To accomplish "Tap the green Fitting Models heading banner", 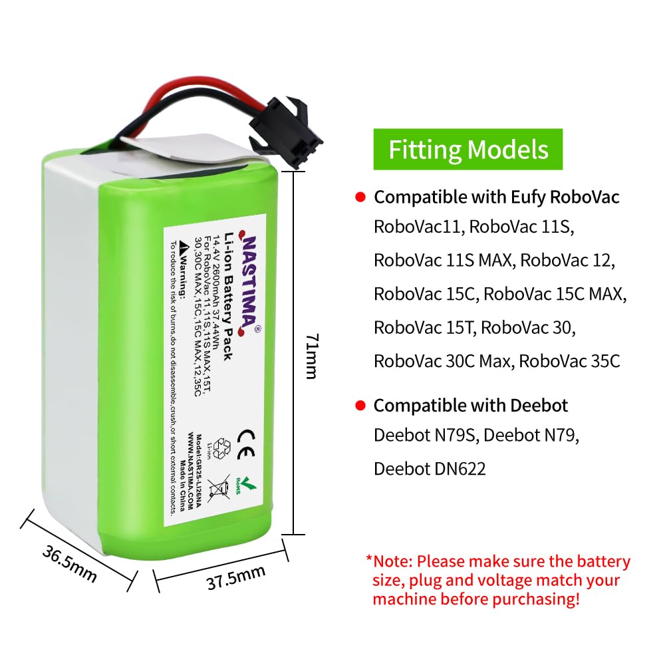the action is [x=468, y=149].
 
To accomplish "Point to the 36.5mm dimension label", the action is [x=69, y=563].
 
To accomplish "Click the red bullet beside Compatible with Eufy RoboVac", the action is [x=360, y=198].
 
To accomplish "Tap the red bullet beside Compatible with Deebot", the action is [x=360, y=406].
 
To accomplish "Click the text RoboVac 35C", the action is [x=569, y=361].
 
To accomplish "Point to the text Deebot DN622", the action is [x=430, y=468].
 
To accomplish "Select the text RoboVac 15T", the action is [x=424, y=328].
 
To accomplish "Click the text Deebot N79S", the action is [x=426, y=436].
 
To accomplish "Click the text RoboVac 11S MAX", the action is [x=442, y=260].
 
